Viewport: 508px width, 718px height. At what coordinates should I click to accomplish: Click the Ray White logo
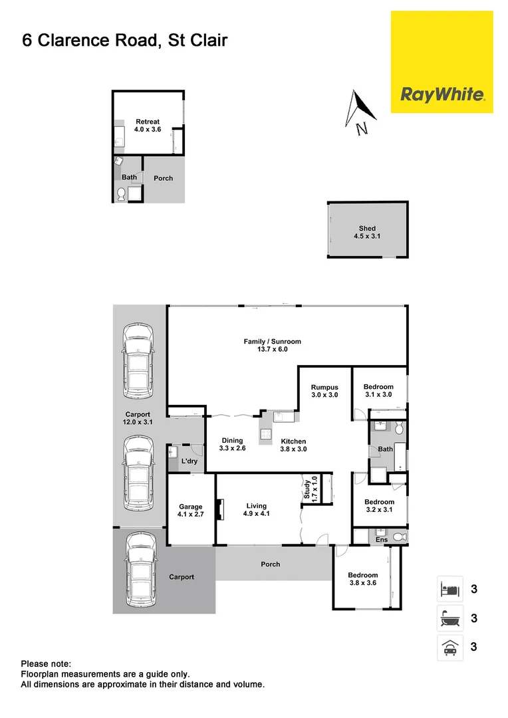click(442, 94)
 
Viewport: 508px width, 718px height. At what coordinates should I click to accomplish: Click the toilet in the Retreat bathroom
click(122, 194)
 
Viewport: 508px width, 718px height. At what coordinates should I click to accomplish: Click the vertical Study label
click(307, 489)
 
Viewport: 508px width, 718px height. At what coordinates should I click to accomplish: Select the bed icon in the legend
click(449, 589)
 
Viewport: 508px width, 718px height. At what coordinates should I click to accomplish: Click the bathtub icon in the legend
click(449, 618)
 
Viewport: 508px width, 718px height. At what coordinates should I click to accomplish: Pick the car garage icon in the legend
click(449, 646)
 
